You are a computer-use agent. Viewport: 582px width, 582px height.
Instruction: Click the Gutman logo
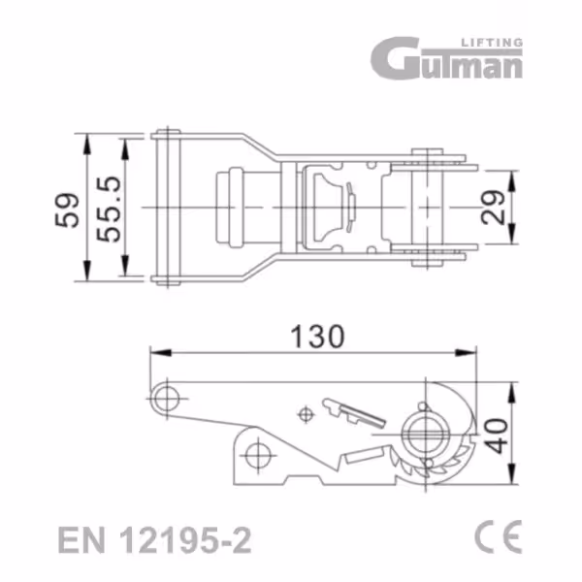(446, 58)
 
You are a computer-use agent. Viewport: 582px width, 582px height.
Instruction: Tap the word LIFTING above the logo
(492, 43)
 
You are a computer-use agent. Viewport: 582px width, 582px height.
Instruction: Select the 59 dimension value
(67, 210)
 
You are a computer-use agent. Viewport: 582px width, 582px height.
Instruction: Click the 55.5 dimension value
(109, 210)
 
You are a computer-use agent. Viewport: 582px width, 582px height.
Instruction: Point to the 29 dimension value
(493, 208)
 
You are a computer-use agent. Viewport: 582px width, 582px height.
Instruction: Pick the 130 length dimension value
(318, 337)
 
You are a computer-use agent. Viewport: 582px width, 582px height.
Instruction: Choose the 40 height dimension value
(497, 436)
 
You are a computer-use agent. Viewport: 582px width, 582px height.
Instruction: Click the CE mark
(499, 536)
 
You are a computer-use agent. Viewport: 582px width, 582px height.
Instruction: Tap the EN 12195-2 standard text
(155, 540)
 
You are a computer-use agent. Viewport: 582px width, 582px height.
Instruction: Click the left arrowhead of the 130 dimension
(160, 353)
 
